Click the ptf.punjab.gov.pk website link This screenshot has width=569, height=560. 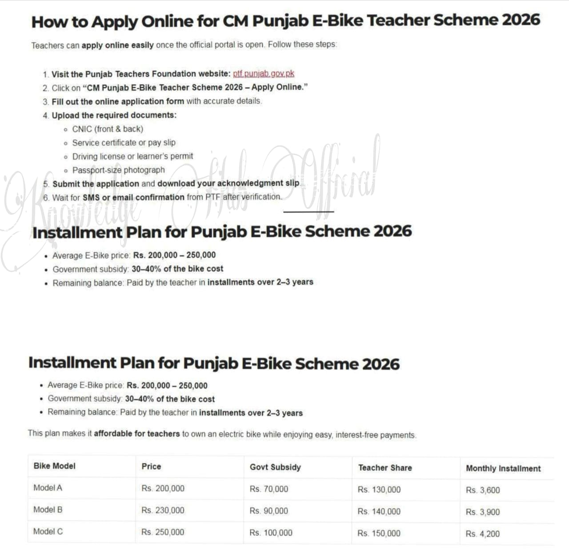coord(264,73)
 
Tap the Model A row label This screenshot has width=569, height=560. coord(48,488)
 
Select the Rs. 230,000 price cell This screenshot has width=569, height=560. coord(163,510)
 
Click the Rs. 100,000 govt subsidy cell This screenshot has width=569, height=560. coord(271,532)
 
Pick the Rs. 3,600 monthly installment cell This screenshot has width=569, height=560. coord(483,490)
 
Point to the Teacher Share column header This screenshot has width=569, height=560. coord(385,467)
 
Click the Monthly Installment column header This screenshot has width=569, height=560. coord(503,468)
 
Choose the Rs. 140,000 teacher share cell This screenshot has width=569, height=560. coord(379,511)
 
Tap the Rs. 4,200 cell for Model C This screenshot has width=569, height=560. coord(483,534)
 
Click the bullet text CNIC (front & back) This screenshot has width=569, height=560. coord(108,129)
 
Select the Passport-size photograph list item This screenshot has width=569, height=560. coord(118,170)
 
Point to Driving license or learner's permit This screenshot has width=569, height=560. coord(132,156)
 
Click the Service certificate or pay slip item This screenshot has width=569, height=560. coord(124,142)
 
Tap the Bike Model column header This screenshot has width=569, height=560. coord(55,466)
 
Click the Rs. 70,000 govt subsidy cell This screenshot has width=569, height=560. coord(268,489)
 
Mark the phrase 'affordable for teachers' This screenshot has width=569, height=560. coord(137,434)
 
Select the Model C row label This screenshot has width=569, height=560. coord(48,531)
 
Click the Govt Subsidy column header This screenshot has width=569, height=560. coord(275,467)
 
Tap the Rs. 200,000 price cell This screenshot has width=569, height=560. coord(163,488)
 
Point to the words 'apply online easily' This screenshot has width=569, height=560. coord(117,45)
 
